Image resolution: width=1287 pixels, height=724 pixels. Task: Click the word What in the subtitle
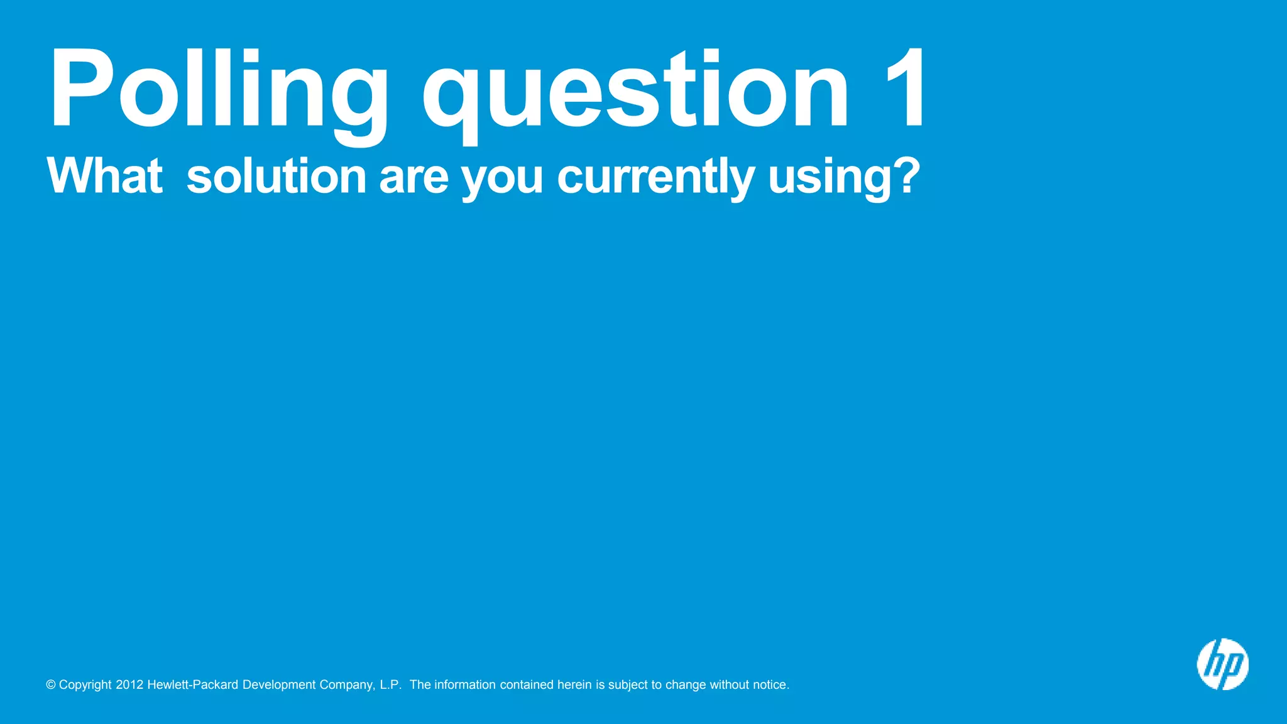click(x=104, y=176)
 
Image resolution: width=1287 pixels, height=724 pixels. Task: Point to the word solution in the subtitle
click(x=277, y=176)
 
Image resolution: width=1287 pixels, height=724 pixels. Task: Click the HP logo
click(x=1222, y=664)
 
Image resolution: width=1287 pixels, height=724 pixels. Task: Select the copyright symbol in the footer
click(x=51, y=685)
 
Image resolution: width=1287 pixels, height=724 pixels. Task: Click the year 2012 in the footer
click(x=129, y=685)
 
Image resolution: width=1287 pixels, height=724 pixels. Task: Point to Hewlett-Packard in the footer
click(x=192, y=685)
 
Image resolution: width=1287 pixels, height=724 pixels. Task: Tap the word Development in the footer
click(x=279, y=685)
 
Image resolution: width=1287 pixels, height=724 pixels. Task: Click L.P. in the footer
click(x=390, y=685)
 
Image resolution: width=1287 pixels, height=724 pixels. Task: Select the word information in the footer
click(x=465, y=685)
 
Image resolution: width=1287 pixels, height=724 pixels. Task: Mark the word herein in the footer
click(x=574, y=685)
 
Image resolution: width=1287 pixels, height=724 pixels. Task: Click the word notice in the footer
click(x=769, y=685)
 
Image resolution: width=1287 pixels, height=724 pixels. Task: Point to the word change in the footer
click(x=686, y=685)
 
